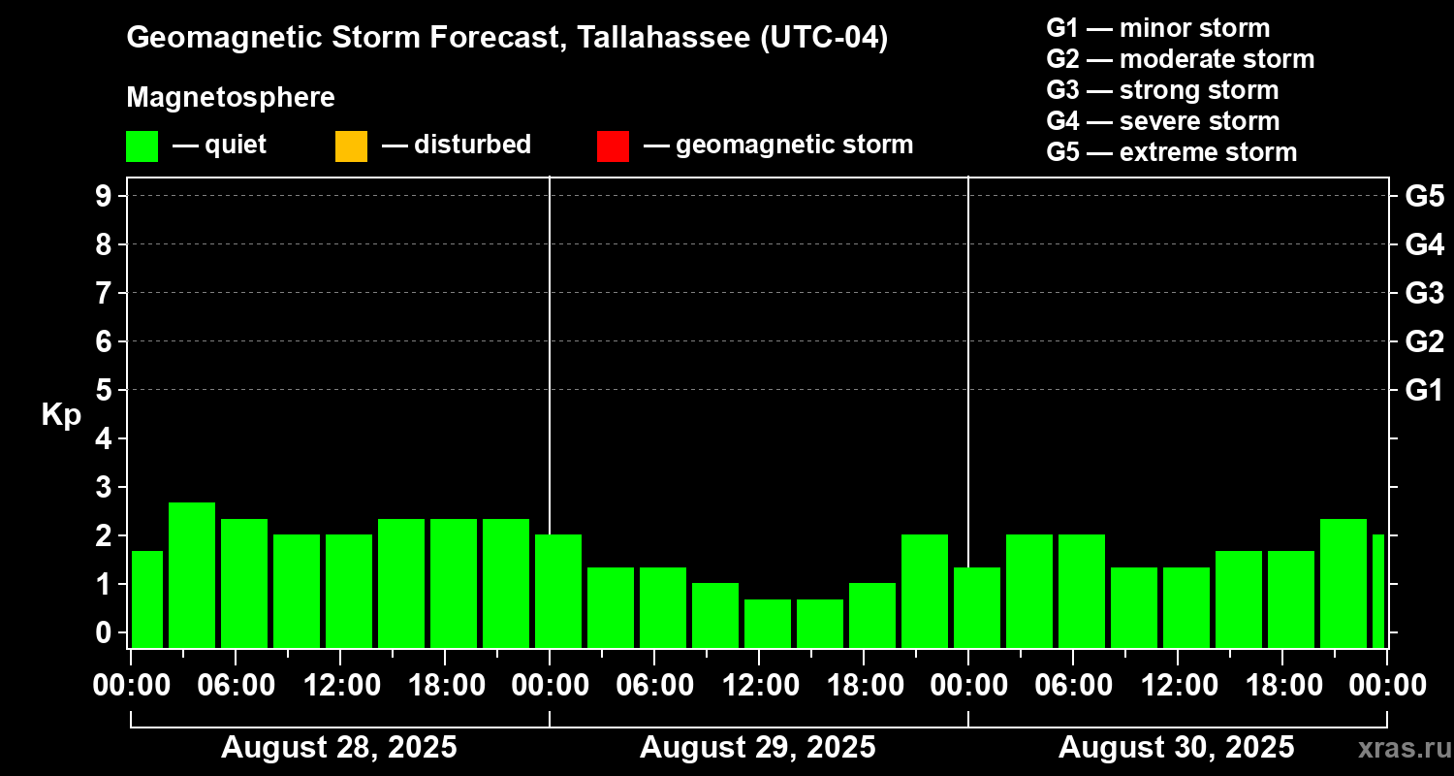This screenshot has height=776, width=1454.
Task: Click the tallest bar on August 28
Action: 192,574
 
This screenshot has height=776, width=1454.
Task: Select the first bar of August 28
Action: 147,598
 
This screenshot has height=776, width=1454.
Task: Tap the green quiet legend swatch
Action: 142,145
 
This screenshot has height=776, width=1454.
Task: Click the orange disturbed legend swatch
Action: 351,145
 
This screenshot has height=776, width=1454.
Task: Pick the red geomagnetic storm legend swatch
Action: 613,145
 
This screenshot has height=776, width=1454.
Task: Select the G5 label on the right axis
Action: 1424,196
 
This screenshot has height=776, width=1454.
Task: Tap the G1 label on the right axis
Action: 1424,390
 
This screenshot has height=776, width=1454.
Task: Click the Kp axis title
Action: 61,415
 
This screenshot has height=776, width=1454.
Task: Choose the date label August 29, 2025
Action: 757,748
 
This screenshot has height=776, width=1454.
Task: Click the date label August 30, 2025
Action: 1176,748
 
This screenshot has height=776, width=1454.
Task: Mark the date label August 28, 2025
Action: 339,748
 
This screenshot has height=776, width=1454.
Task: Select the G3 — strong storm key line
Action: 1162,90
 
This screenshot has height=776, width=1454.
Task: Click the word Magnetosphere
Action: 231,98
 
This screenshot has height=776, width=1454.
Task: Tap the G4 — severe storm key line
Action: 1163,121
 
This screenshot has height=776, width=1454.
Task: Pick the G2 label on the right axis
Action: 1424,341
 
